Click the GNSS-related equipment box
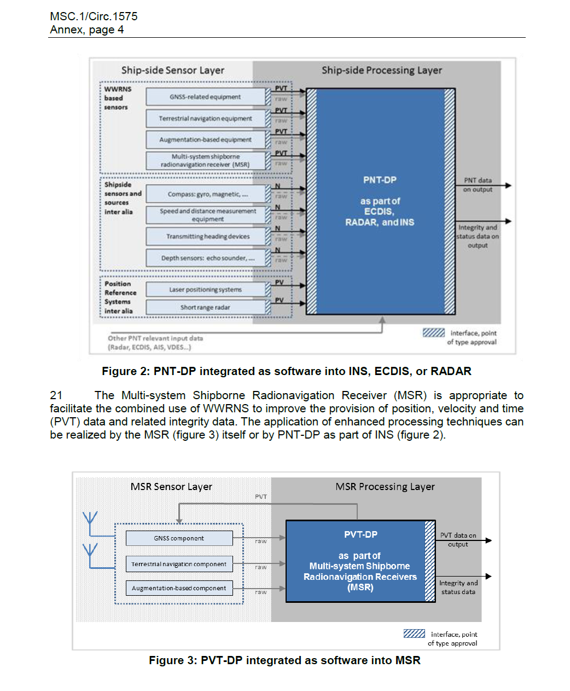[x=205, y=97]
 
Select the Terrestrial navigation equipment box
[x=205, y=118]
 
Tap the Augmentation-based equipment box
[x=205, y=140]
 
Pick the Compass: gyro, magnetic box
[x=207, y=194]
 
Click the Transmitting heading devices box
[x=207, y=237]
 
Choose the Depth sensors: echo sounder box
[x=207, y=258]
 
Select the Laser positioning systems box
[x=205, y=290]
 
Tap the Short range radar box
[x=205, y=308]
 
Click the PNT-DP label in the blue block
[x=380, y=180]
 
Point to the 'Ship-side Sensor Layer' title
[x=173, y=70]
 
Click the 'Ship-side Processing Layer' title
[x=382, y=70]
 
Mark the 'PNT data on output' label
[x=478, y=185]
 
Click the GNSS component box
[x=179, y=538]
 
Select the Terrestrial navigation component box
[x=179, y=564]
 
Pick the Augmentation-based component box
[x=179, y=588]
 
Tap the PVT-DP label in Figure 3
[x=360, y=534]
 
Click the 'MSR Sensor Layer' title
[x=171, y=487]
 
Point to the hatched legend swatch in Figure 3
[x=414, y=634]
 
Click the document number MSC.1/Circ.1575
[x=94, y=16]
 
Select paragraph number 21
[x=56, y=395]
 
